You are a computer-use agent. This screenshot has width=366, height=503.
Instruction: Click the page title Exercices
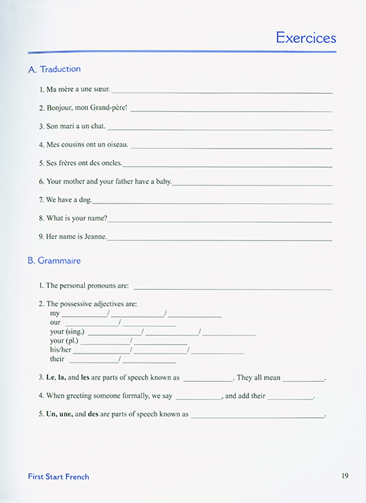coord(305,38)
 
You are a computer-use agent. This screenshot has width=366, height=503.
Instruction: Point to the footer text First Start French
coord(58,477)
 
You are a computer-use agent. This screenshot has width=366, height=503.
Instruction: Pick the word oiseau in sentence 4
coord(116,145)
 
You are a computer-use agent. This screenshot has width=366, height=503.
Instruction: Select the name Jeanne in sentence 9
coord(95,237)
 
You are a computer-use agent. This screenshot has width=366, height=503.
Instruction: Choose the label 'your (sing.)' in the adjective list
coord(67,331)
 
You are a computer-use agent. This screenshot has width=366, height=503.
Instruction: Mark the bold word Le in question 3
coord(50,377)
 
